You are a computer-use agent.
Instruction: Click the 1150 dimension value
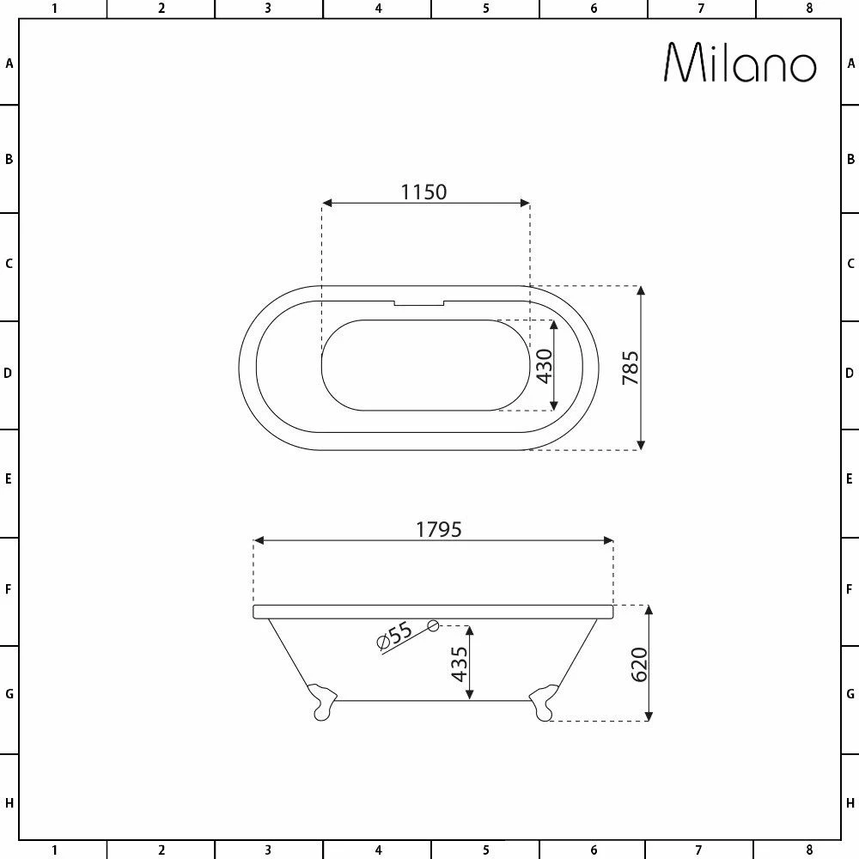click(424, 192)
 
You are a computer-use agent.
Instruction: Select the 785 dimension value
click(630, 368)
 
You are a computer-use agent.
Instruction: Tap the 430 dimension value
click(542, 366)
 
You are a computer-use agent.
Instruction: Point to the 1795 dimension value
click(439, 529)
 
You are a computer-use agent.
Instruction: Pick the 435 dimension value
click(460, 664)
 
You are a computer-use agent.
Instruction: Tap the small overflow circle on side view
click(434, 626)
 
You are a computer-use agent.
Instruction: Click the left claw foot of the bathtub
click(321, 700)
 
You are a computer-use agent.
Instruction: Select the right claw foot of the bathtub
click(544, 700)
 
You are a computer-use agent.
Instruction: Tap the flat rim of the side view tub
click(434, 612)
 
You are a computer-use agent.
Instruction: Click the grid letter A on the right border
click(850, 63)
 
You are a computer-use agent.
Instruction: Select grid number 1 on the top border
click(54, 9)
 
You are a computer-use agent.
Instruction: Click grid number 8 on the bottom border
click(808, 850)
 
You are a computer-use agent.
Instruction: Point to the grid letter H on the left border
click(9, 803)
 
